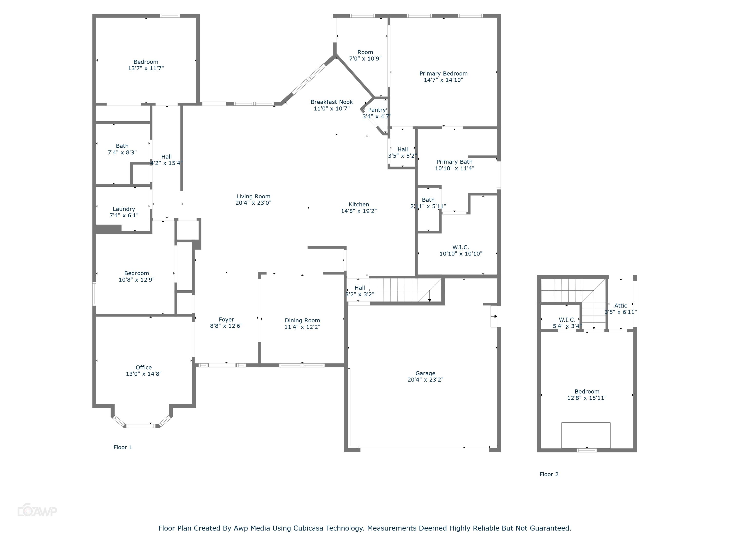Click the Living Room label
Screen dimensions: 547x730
(253, 196)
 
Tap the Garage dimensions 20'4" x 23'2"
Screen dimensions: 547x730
(425, 379)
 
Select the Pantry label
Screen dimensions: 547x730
(376, 110)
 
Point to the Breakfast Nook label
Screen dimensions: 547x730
(331, 102)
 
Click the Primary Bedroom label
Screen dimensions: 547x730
(443, 73)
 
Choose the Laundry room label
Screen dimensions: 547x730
(124, 209)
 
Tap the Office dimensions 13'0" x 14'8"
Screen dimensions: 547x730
(144, 374)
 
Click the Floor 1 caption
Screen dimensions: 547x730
(123, 447)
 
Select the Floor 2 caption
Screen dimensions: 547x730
(549, 475)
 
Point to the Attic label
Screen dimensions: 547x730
(620, 306)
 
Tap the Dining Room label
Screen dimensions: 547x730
(302, 320)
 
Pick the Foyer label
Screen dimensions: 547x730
(226, 319)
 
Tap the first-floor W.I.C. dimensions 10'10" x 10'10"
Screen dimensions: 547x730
(461, 254)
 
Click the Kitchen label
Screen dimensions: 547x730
(359, 204)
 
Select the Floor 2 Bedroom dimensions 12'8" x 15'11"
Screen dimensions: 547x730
(587, 398)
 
